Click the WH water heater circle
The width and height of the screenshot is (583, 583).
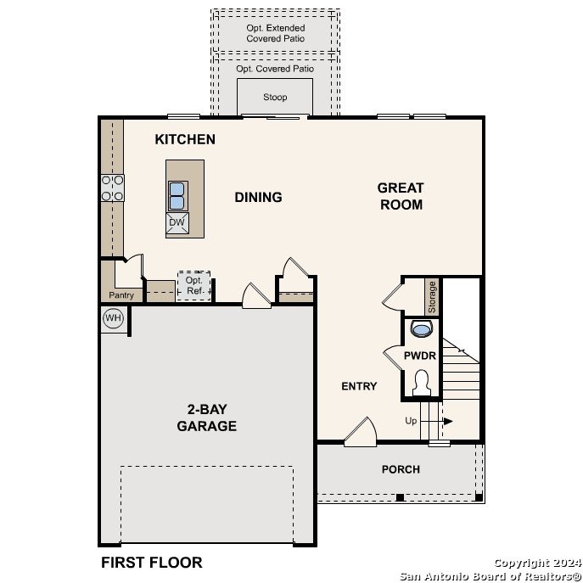pyautogui.click(x=113, y=318)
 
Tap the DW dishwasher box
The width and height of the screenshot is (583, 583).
pyautogui.click(x=177, y=222)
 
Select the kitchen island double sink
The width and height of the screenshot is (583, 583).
pyautogui.click(x=177, y=196)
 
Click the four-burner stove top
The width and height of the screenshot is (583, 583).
pyautogui.click(x=113, y=188)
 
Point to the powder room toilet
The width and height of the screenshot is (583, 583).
pyautogui.click(x=421, y=383)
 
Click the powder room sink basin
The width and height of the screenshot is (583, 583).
pyautogui.click(x=422, y=328)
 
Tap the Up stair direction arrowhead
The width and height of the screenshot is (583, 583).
pyautogui.click(x=448, y=421)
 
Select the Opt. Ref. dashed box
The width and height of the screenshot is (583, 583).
pyautogui.click(x=193, y=285)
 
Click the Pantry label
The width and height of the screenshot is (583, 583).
pyautogui.click(x=121, y=295)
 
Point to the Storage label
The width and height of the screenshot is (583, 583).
pyautogui.click(x=432, y=297)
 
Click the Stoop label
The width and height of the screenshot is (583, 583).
pyautogui.click(x=275, y=97)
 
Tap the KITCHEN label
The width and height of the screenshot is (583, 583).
pyautogui.click(x=185, y=139)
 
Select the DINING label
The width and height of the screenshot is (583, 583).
pyautogui.click(x=258, y=197)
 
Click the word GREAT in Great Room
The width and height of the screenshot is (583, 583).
pyautogui.click(x=401, y=188)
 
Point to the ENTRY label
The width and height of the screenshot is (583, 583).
pyautogui.click(x=359, y=386)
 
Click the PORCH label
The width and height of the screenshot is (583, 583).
pyautogui.click(x=401, y=469)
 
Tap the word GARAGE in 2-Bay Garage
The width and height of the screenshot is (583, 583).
pyautogui.click(x=207, y=426)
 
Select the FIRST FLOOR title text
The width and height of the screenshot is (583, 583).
pyautogui.click(x=152, y=562)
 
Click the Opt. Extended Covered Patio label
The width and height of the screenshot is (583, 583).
pyautogui.click(x=276, y=33)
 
